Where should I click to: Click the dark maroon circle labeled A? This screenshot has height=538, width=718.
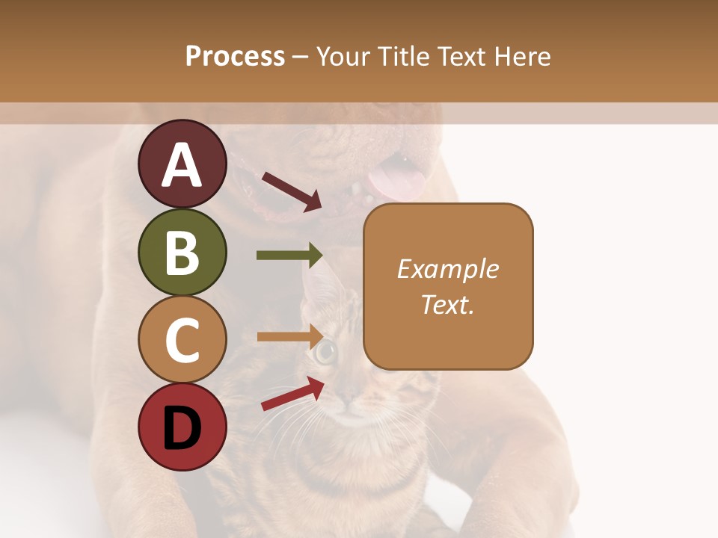[x=182, y=164]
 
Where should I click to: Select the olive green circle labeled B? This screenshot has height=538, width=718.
[x=182, y=252]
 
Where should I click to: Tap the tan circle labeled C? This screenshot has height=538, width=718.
[x=182, y=339]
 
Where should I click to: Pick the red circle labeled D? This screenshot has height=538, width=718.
[x=182, y=427]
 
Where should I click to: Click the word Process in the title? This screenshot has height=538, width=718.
[x=235, y=57]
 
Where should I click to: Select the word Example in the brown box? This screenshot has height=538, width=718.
[x=448, y=269]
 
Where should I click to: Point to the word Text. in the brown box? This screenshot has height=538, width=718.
[x=448, y=304]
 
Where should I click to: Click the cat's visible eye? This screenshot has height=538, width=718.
[x=325, y=351]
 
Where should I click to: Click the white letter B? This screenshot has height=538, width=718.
[x=182, y=252]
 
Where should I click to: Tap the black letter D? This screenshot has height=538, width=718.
[x=182, y=427]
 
